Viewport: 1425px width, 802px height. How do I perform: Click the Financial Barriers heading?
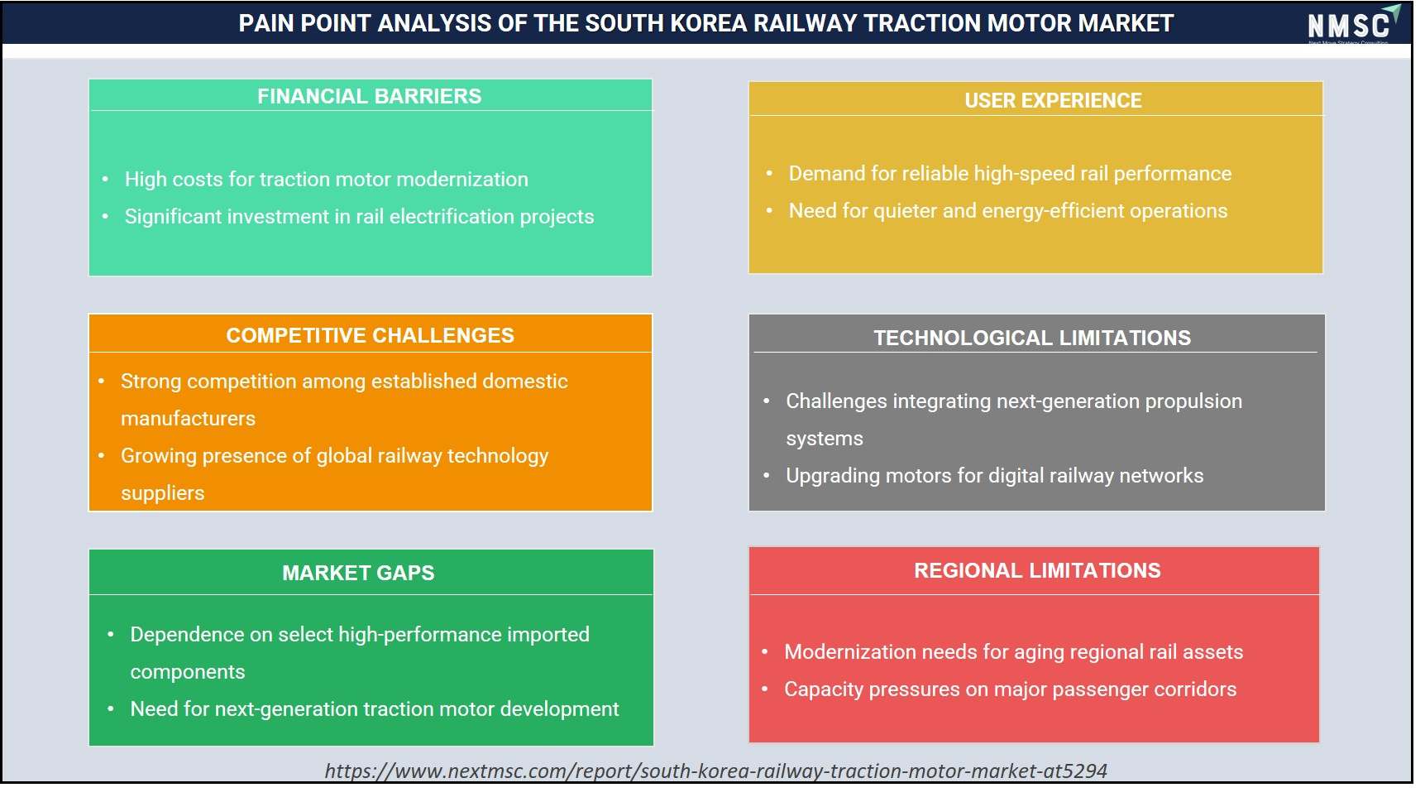(x=369, y=96)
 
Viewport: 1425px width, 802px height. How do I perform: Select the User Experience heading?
(x=1053, y=100)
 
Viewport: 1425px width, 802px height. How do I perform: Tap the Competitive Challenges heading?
(x=370, y=335)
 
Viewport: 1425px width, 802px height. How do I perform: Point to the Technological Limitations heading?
(x=1032, y=338)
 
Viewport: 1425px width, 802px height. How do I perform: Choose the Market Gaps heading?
(x=358, y=573)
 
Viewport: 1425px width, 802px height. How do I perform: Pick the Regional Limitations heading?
(x=1037, y=570)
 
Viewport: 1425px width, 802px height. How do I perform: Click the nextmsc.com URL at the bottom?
(x=715, y=771)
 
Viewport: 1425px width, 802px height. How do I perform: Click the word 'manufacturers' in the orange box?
(x=188, y=419)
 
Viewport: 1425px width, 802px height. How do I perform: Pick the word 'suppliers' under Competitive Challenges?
(x=162, y=493)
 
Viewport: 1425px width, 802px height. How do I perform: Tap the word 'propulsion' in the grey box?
(x=1193, y=402)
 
